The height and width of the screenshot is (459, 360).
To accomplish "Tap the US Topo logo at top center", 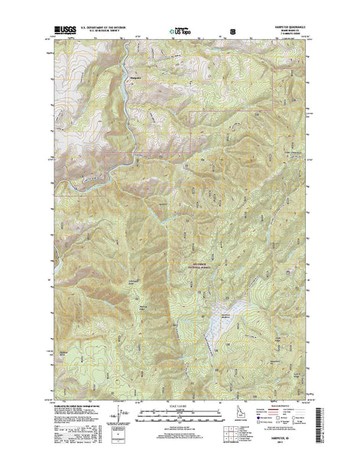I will point(181,32).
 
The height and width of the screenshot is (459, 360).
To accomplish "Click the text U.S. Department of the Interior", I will point(113,29).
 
